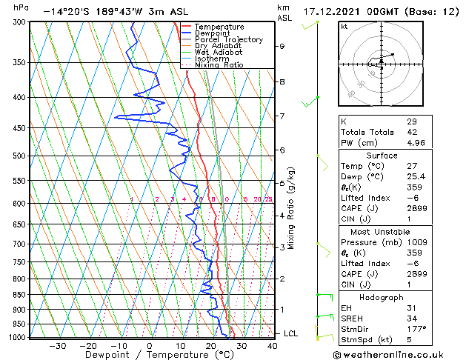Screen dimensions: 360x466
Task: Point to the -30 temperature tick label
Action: (x=57, y=346)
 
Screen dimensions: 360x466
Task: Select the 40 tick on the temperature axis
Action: (x=272, y=346)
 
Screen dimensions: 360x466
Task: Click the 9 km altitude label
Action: (x=282, y=46)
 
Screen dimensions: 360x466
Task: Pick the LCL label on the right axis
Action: (x=290, y=334)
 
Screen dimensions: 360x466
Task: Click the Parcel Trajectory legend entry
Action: (x=228, y=40)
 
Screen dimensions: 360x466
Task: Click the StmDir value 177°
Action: (x=416, y=329)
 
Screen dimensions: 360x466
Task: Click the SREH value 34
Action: (x=412, y=318)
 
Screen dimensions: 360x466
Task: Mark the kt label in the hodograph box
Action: (x=344, y=26)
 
